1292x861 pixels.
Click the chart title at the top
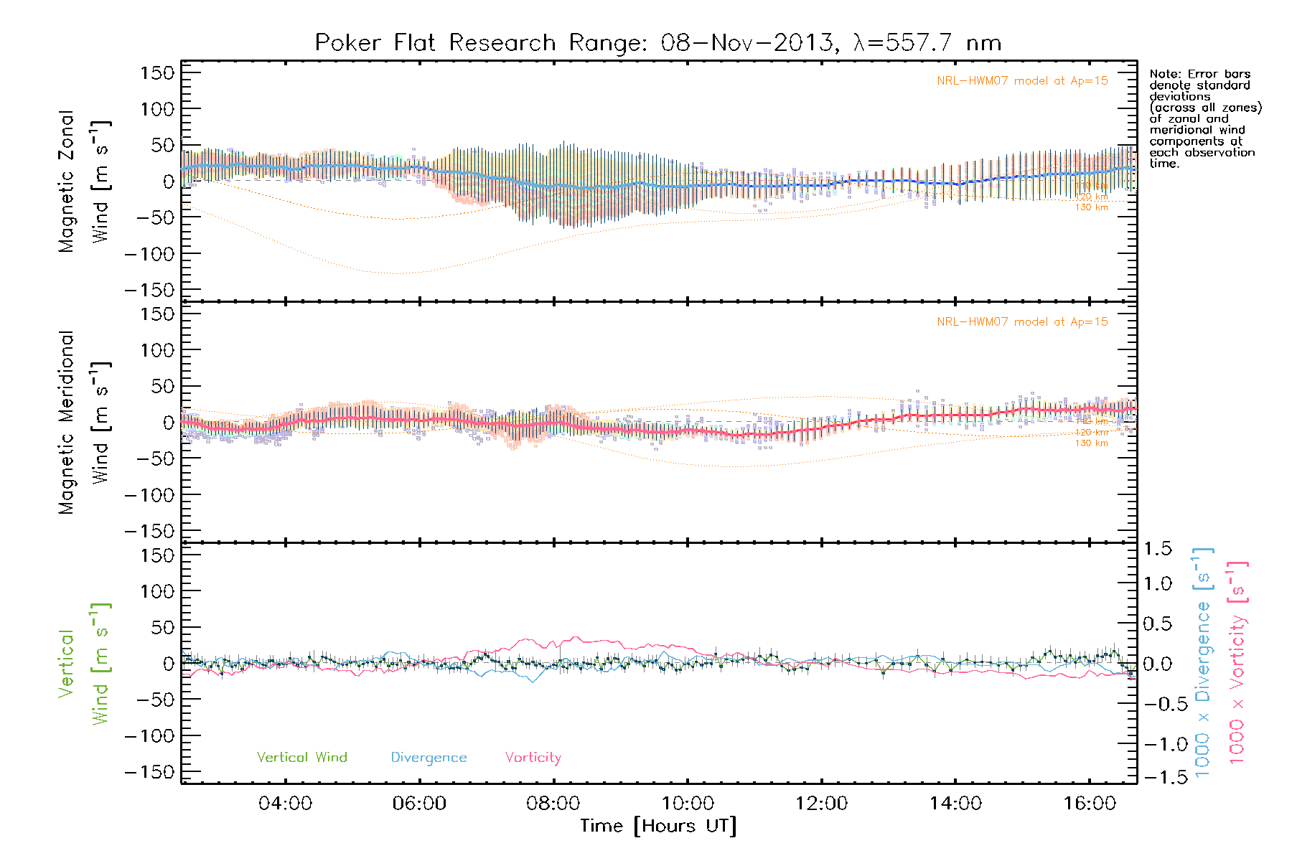[657, 43]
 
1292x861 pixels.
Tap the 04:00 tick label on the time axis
[285, 803]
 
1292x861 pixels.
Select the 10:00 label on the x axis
[688, 803]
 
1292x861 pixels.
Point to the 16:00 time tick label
[1090, 803]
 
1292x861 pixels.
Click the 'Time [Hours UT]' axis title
[658, 826]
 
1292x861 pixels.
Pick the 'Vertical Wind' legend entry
[301, 757]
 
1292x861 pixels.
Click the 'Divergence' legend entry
[429, 757]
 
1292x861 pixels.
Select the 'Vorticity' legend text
[533, 757]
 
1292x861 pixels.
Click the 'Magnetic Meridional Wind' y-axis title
[84, 423]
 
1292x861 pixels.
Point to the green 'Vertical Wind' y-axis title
[84, 664]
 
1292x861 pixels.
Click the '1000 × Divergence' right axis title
[1203, 663]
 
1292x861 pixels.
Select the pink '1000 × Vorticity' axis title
[1237, 663]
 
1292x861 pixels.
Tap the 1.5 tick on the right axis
[1157, 549]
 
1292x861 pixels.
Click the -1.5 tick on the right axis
[1157, 777]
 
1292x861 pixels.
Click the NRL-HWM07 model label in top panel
[1022, 81]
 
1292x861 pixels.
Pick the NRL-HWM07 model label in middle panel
[1022, 322]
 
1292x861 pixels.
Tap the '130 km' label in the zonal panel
[1091, 207]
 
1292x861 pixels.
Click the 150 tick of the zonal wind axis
[157, 73]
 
